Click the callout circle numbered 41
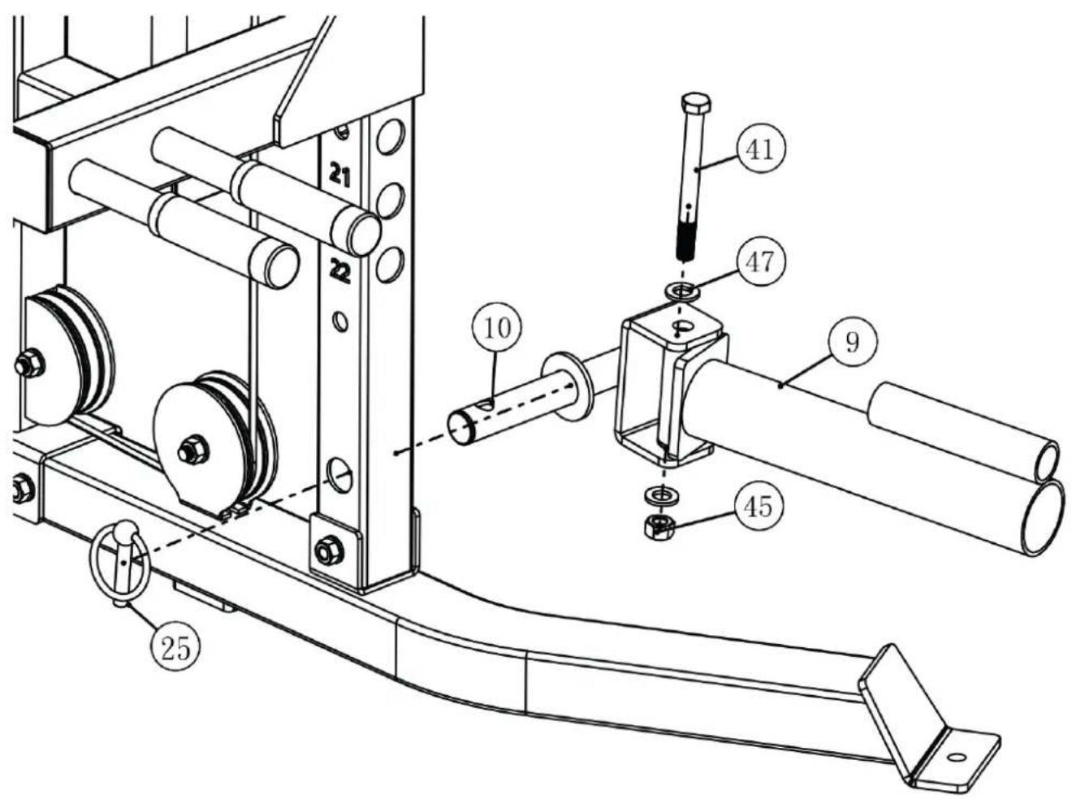[760, 149]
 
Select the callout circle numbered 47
[760, 261]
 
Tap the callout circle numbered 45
[759, 506]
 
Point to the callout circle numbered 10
[497, 328]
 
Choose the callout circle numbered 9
[852, 342]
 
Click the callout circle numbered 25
[175, 648]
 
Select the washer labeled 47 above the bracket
[682, 292]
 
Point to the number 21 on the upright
[339, 175]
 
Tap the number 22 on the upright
[340, 270]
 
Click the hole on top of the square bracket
[683, 327]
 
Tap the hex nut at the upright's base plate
[329, 552]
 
